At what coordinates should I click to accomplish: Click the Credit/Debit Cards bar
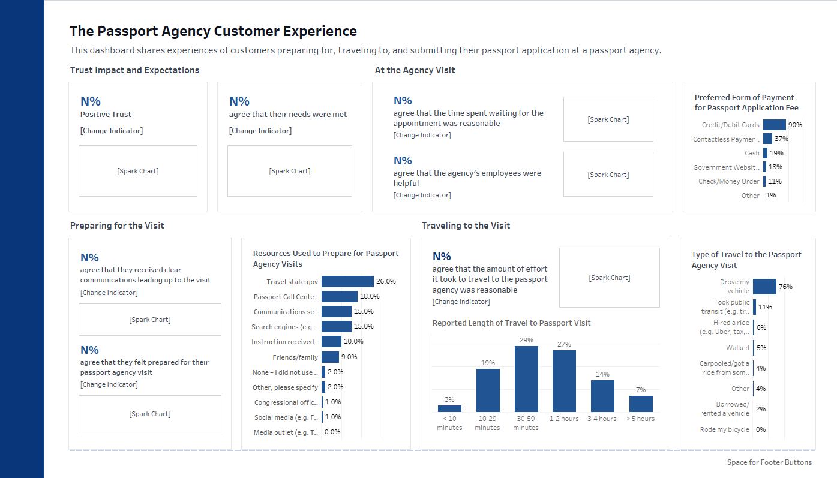774,125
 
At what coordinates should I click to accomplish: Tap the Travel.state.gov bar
347,281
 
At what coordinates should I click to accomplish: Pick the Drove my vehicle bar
764,287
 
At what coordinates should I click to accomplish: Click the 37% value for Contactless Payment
781,139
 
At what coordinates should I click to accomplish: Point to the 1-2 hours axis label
564,419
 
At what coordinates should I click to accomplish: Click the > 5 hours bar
641,404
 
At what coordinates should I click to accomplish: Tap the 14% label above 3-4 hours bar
602,374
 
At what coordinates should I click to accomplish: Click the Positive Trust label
106,115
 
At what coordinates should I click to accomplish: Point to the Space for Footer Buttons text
769,462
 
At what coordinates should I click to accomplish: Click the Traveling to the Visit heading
466,226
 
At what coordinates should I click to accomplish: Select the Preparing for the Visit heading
117,226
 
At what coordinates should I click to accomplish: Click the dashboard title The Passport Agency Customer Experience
213,31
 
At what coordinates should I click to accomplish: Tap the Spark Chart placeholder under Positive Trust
138,171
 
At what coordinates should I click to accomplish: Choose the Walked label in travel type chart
737,348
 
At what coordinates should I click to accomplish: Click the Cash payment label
752,153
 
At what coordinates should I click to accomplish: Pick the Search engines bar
337,327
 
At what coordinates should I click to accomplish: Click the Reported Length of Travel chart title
511,323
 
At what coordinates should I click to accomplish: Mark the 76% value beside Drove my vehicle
785,287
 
